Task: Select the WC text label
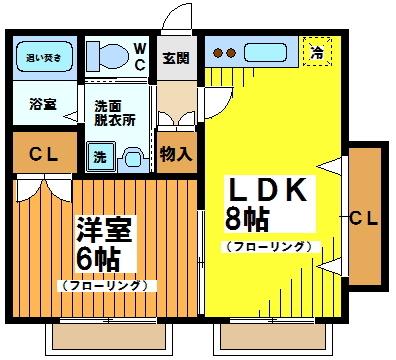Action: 140,57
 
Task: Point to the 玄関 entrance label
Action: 175,58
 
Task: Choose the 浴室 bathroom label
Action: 42,104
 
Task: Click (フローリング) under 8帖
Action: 268,246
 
